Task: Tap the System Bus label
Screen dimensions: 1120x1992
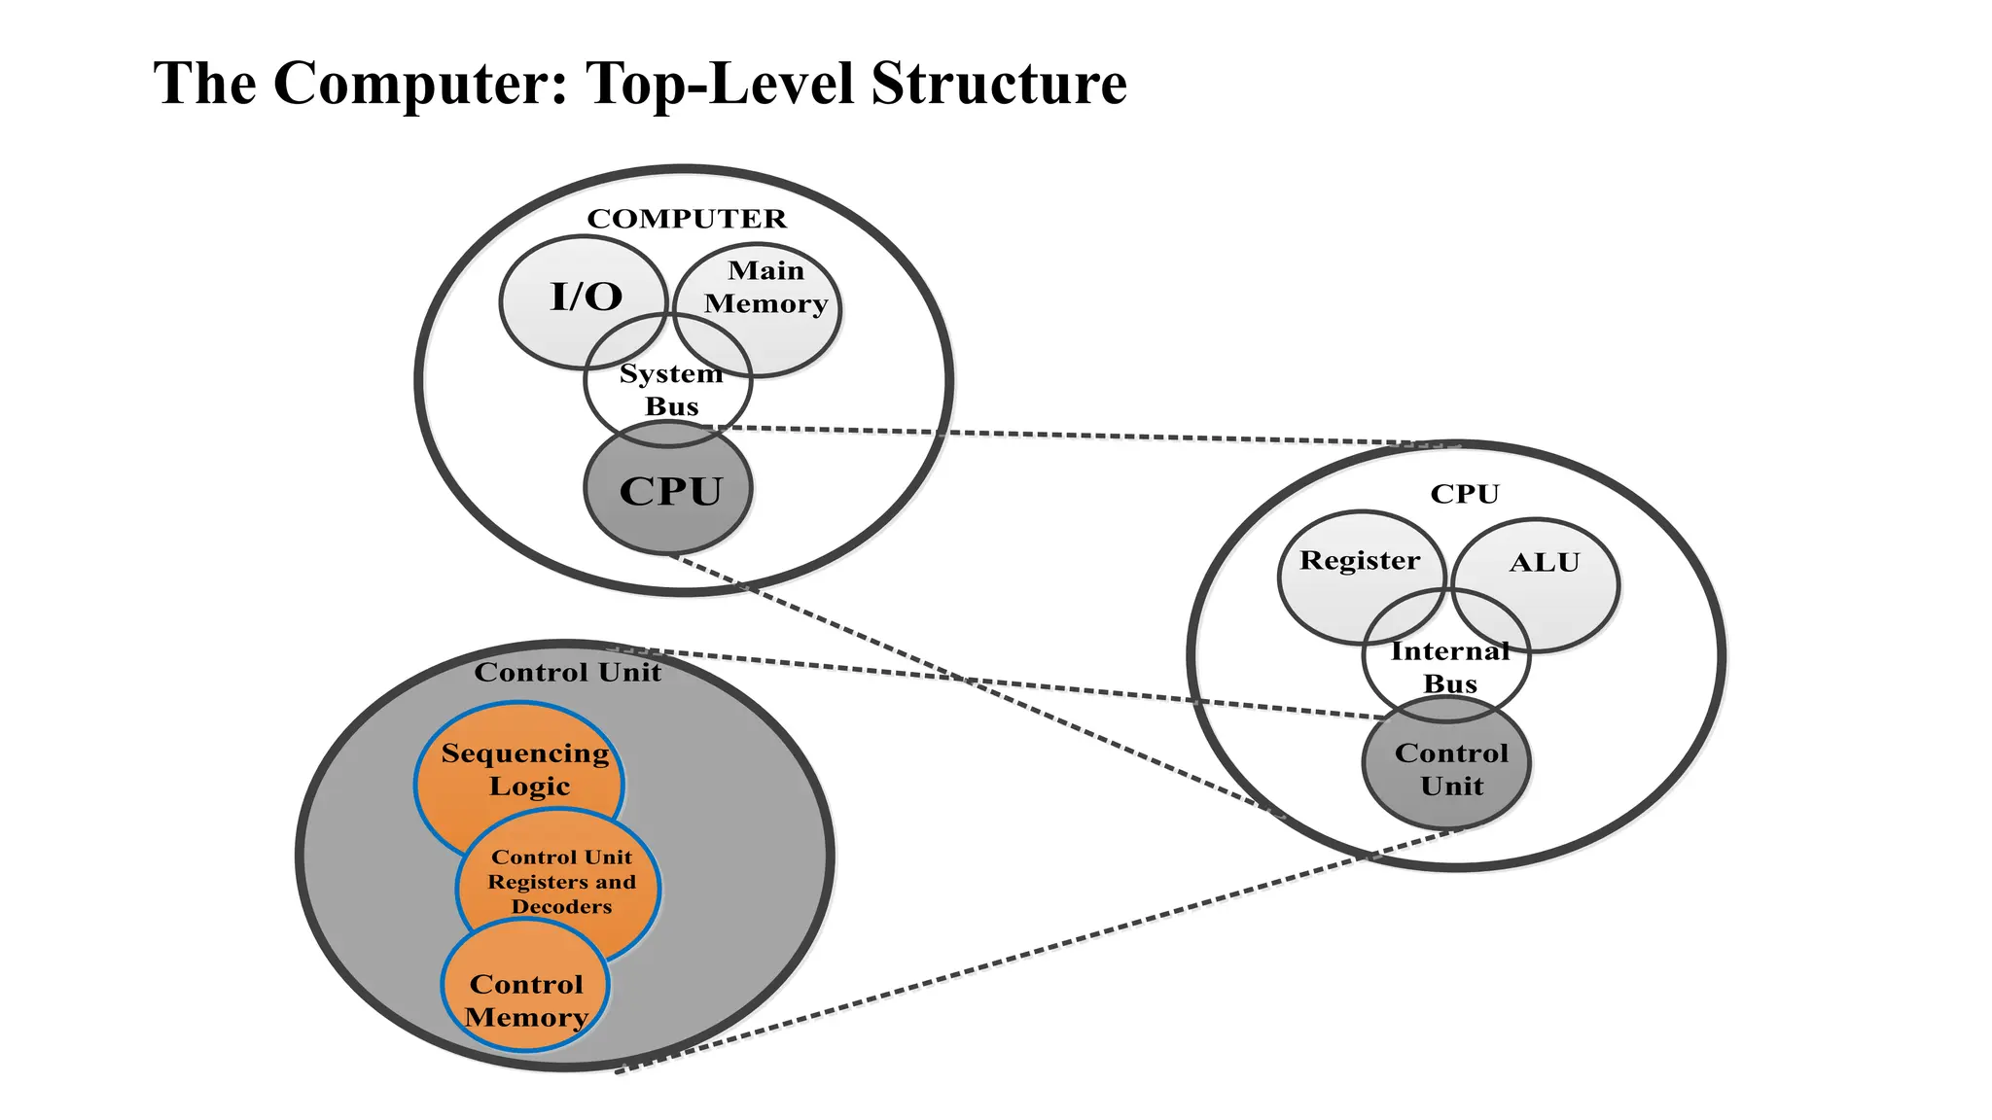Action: click(670, 390)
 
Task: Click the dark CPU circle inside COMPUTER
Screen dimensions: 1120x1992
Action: click(669, 491)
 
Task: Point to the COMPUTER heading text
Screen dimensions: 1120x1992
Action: click(686, 219)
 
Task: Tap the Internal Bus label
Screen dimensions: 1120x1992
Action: click(1449, 668)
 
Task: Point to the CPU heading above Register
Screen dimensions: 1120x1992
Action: click(1464, 495)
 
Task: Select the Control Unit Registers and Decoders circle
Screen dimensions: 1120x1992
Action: click(561, 882)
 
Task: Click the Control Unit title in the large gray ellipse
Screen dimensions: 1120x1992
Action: click(567, 673)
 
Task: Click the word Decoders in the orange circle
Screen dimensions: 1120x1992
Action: click(561, 907)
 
